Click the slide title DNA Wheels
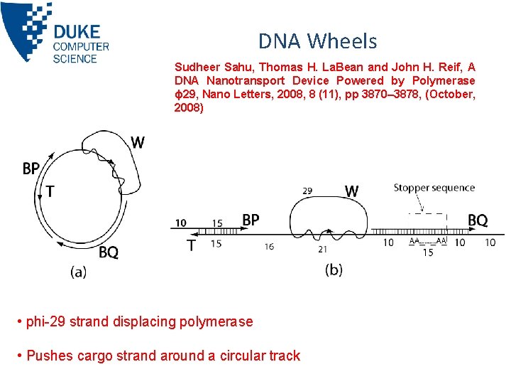(317, 41)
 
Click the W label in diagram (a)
(137, 143)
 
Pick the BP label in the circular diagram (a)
(31, 169)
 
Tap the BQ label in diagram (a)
(109, 252)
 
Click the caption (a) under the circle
(78, 272)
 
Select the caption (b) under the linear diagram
(334, 270)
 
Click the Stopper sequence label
(434, 188)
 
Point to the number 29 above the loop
(307, 191)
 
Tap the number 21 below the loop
(323, 248)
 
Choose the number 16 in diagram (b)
(268, 246)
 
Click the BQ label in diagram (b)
(478, 220)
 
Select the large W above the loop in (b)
(351, 191)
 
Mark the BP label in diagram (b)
(251, 220)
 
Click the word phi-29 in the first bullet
(45, 321)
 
